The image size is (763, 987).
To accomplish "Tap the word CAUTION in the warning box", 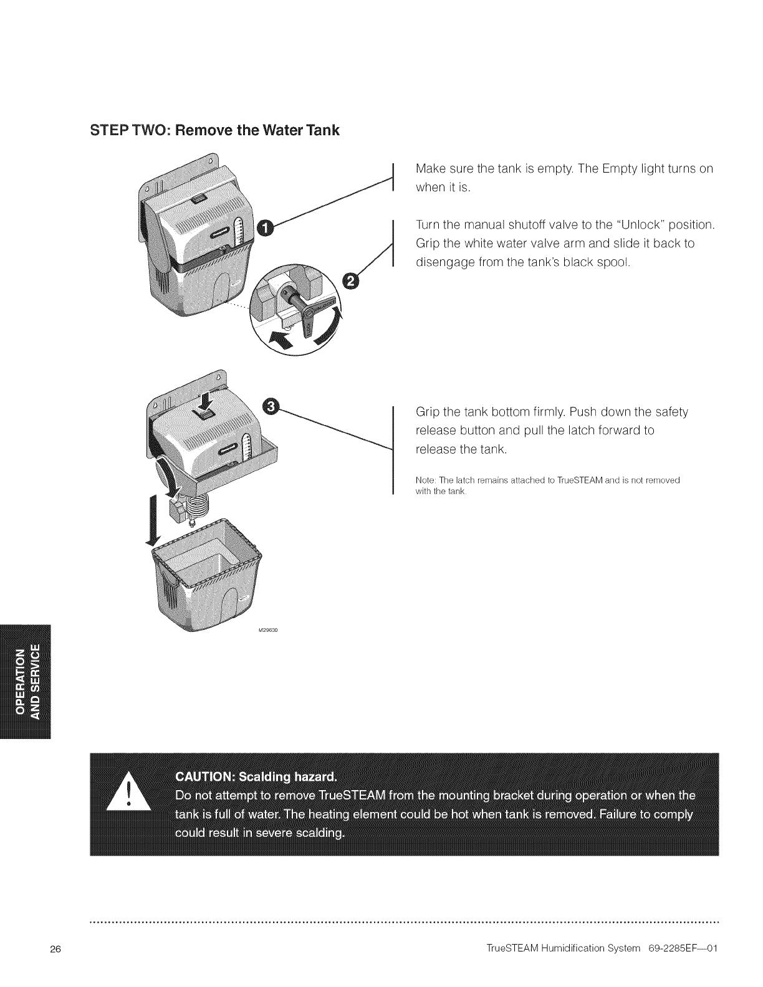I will coord(198,777).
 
